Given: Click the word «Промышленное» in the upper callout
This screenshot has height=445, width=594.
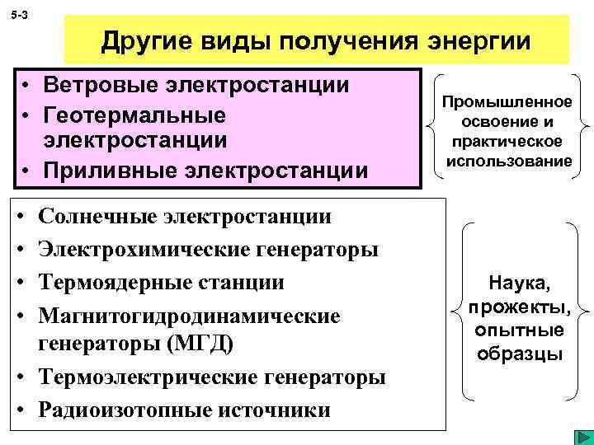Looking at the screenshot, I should coord(507,101).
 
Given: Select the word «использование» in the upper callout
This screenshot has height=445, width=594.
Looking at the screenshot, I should coord(507,161).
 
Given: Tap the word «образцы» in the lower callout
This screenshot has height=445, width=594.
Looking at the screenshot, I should coord(520,354).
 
